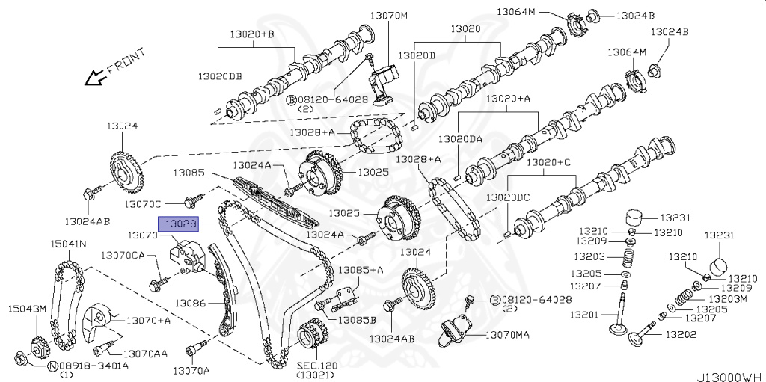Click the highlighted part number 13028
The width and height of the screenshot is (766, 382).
coord(180,223)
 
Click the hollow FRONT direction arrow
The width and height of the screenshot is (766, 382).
coord(94,76)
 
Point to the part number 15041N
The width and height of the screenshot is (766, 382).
coord(68,244)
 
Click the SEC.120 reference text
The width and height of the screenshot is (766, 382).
coord(317,365)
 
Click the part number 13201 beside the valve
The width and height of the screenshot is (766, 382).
coord(583,315)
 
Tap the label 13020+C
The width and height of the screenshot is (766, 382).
coord(548,162)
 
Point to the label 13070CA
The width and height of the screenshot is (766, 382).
coord(123,255)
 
